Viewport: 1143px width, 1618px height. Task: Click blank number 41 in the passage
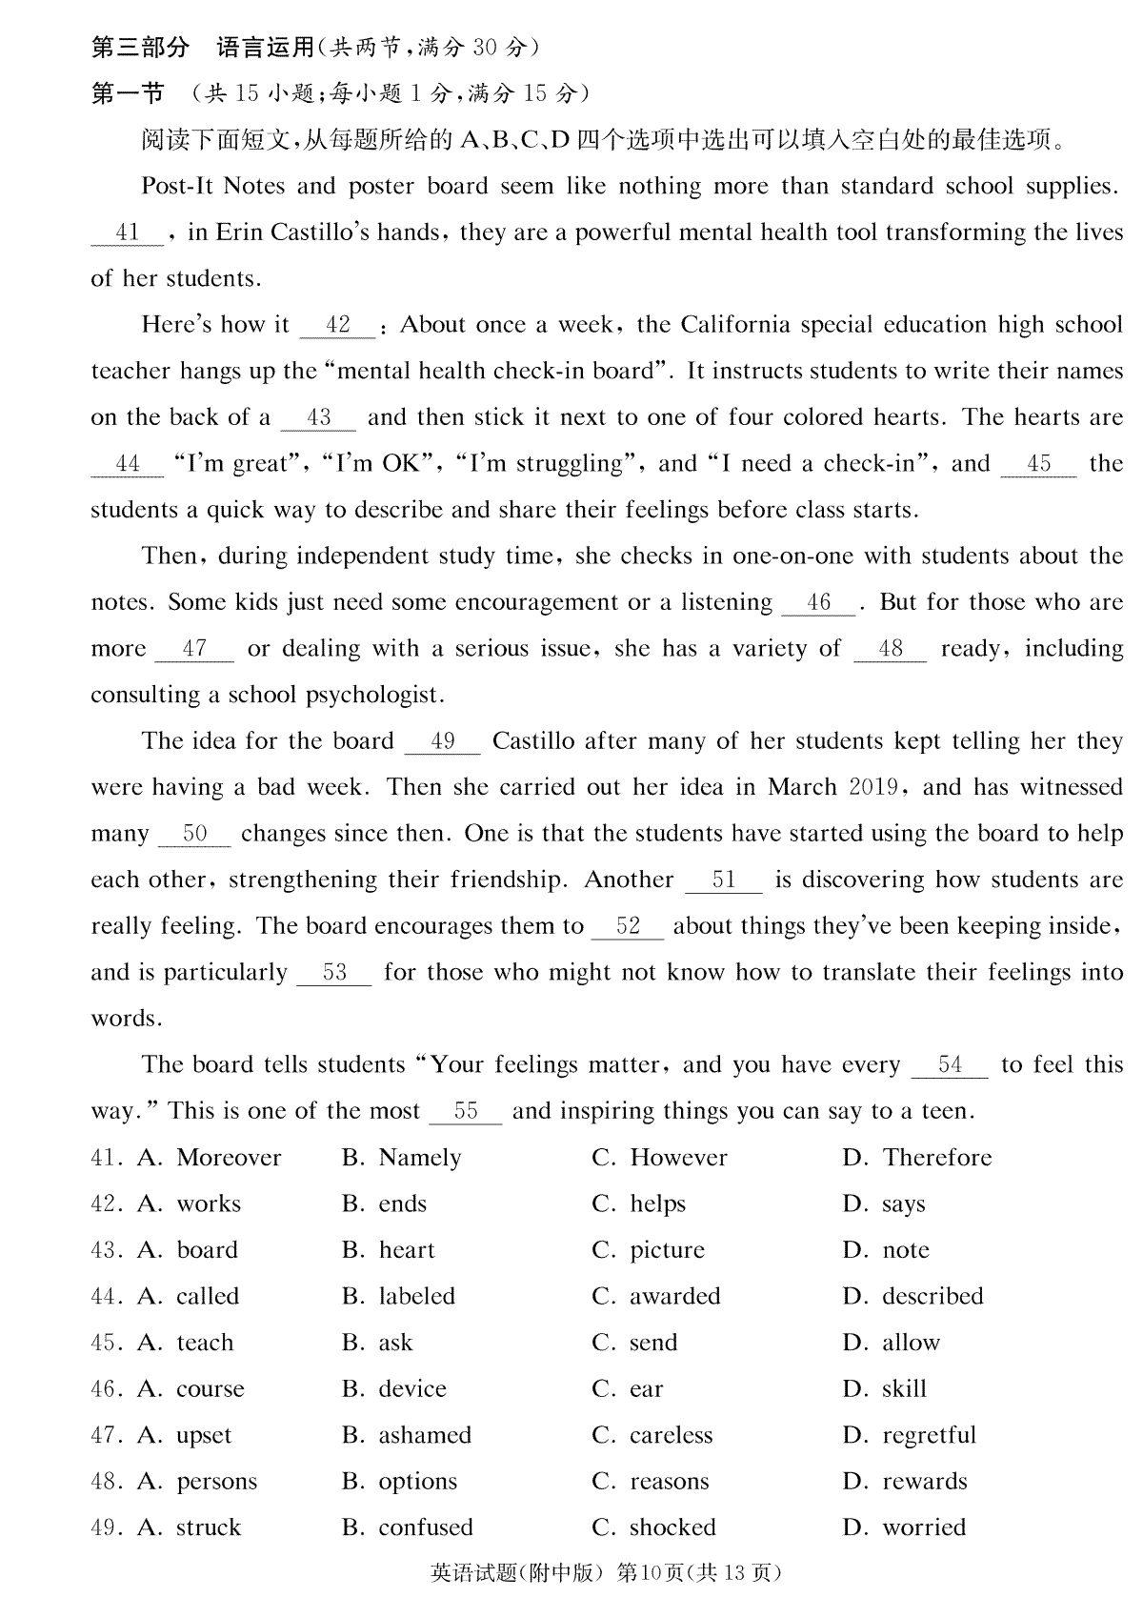[x=128, y=233]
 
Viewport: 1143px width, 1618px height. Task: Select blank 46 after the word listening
[x=819, y=602]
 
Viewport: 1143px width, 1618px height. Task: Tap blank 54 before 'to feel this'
[x=950, y=1064]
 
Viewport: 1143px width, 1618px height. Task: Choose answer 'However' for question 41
[x=678, y=1158]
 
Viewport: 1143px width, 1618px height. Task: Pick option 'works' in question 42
[x=209, y=1203]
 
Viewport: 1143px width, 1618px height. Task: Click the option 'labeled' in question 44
[x=416, y=1296]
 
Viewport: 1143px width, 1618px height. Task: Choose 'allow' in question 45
[x=911, y=1343]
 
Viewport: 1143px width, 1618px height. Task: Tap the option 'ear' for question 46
[x=646, y=1389]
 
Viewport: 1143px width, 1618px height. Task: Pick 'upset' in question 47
[x=204, y=1436]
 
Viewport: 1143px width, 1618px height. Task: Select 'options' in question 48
[x=417, y=1482]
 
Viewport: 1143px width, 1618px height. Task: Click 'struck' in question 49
[x=209, y=1527]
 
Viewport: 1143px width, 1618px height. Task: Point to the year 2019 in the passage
[x=872, y=787]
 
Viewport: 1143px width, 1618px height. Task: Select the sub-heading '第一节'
[x=128, y=93]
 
